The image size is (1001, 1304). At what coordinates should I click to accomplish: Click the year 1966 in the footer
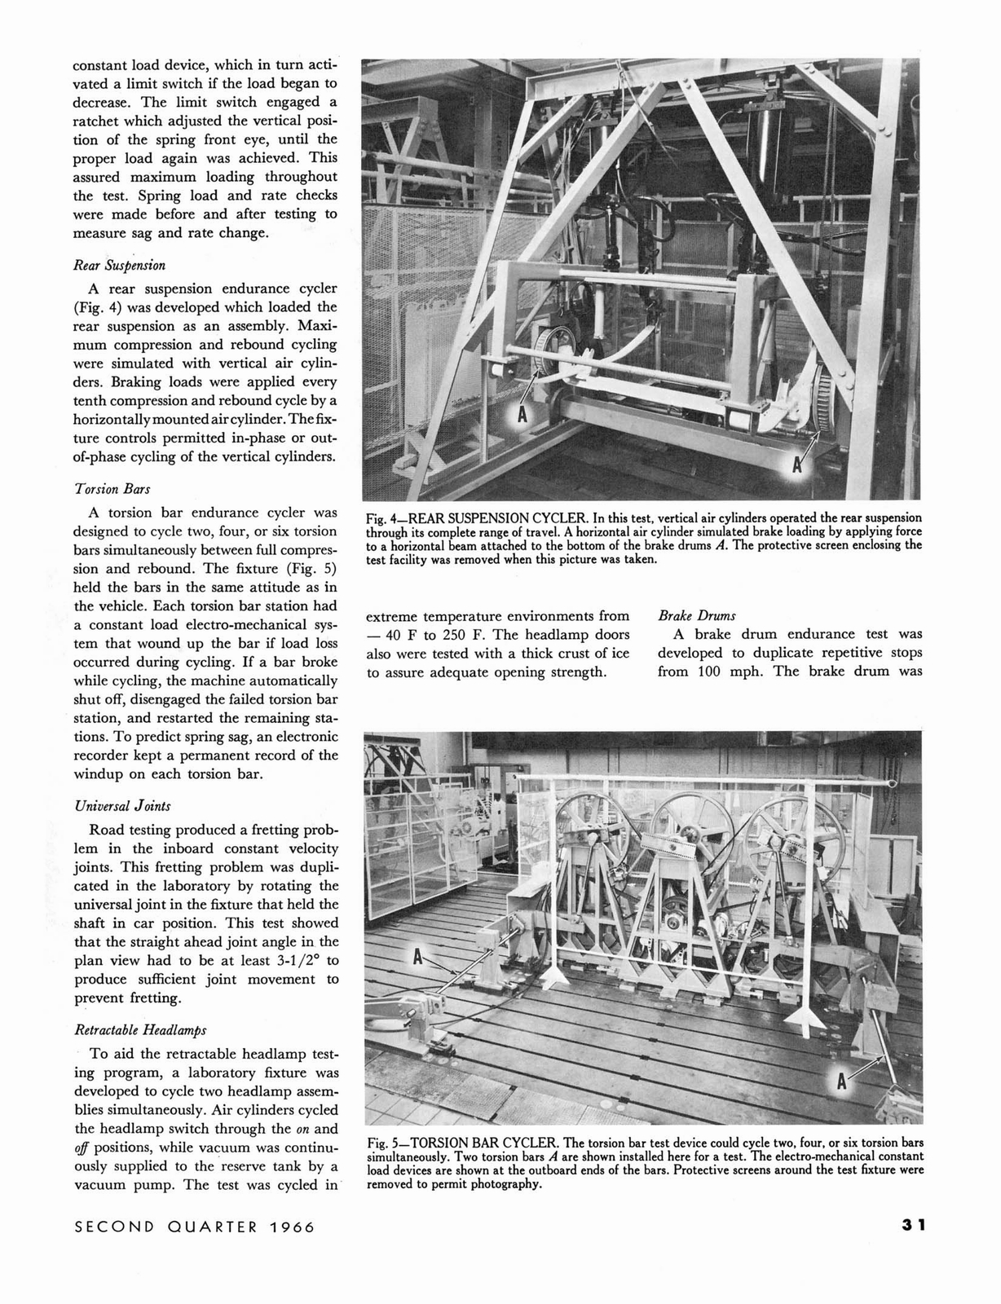(290, 1227)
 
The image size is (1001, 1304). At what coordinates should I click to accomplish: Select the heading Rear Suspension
(119, 265)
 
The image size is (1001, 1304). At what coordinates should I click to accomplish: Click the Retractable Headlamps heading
(131, 1029)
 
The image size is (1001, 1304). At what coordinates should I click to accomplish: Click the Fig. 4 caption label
(381, 518)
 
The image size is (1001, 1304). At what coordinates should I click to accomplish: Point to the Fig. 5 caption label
(381, 1142)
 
